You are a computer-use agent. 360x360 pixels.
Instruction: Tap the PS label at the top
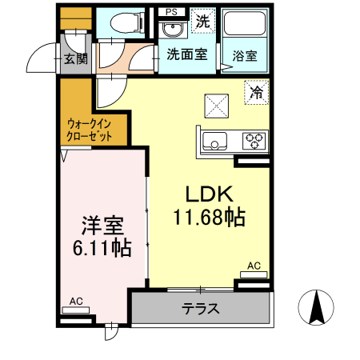[x=171, y=12]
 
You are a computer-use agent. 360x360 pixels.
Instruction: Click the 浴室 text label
[x=246, y=56]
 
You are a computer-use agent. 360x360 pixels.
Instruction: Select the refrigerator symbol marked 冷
[x=256, y=94]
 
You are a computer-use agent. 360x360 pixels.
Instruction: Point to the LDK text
[x=209, y=194]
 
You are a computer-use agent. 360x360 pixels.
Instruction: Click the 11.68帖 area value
[x=209, y=216]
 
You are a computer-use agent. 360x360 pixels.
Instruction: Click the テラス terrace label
[x=201, y=309]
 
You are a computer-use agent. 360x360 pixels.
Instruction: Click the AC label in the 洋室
[x=76, y=302]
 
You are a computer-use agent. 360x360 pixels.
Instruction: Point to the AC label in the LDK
[x=253, y=266]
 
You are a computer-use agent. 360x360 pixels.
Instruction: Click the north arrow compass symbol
[x=315, y=308]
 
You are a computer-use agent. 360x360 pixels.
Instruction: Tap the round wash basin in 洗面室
[x=170, y=30]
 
